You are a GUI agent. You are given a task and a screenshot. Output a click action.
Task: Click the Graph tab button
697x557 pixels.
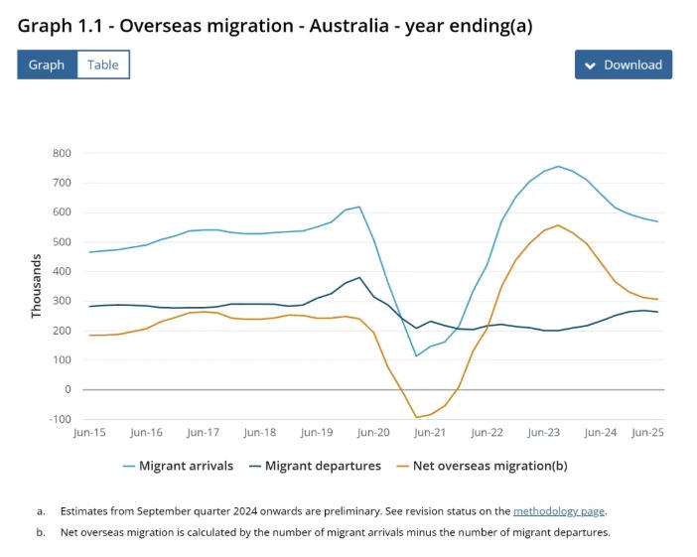point(47,65)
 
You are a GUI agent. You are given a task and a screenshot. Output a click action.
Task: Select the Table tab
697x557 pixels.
point(102,65)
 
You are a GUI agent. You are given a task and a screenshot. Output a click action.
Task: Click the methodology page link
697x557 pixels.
point(558,511)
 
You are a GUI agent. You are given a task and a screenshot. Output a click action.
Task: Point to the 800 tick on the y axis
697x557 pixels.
point(63,153)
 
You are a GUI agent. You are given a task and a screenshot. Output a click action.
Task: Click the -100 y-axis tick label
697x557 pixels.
point(61,419)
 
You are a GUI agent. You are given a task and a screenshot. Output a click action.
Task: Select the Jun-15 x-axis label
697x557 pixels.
point(89,433)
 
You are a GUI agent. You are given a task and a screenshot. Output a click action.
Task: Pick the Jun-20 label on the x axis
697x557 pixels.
point(373,433)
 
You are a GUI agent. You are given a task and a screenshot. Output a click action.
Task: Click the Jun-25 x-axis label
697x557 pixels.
point(647,433)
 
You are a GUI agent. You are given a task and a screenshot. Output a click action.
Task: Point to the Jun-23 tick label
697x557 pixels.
point(544,433)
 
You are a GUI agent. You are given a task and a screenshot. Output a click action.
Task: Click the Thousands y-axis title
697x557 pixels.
point(37,286)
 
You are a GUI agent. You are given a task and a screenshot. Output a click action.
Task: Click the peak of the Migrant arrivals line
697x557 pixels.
point(558,166)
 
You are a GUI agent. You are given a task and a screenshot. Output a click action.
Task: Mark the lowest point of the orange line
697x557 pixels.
point(416,418)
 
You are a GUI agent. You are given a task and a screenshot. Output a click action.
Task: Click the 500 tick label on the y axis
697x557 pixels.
point(63,242)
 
